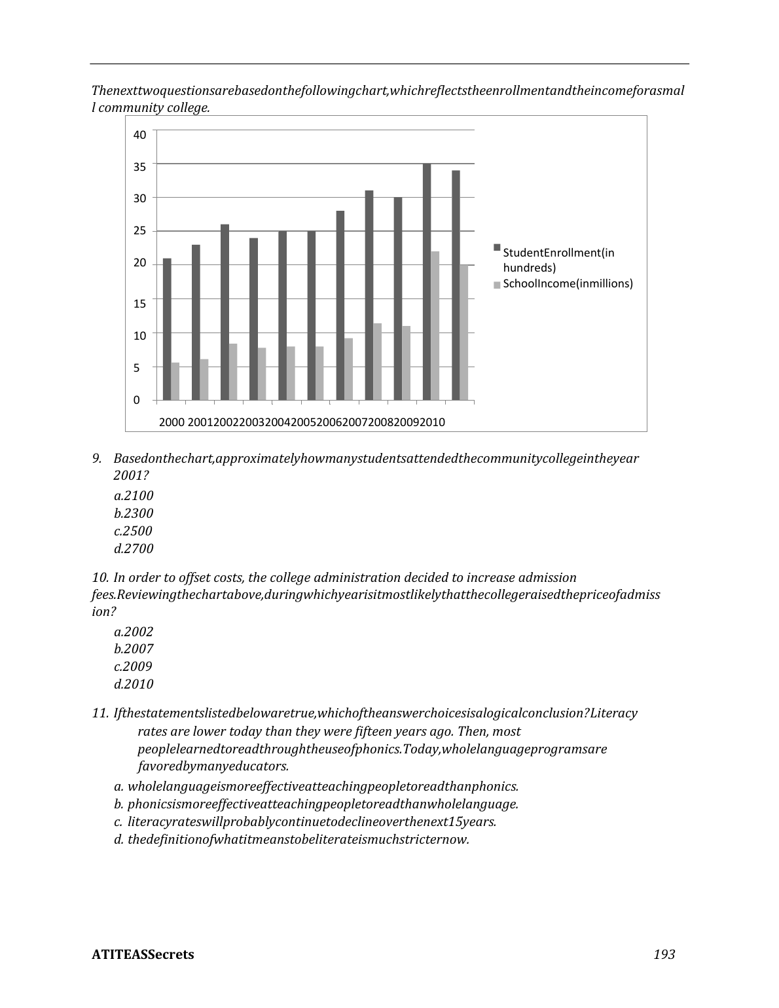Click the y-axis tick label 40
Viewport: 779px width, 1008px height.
pyautogui.click(x=139, y=135)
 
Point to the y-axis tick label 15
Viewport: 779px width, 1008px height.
pyautogui.click(x=139, y=303)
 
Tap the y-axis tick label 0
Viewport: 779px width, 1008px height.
pyautogui.click(x=137, y=400)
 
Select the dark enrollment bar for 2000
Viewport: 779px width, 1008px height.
pyautogui.click(x=167, y=329)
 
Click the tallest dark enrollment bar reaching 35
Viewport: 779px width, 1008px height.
pyautogui.click(x=427, y=281)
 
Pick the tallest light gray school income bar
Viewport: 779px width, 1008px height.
pyautogui.click(x=435, y=325)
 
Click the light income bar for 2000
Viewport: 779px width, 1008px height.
pyautogui.click(x=175, y=381)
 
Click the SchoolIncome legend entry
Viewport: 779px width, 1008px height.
pyautogui.click(x=567, y=283)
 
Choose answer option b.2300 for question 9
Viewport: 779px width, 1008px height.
pyautogui.click(x=134, y=513)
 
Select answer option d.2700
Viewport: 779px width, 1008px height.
pyautogui.click(x=134, y=549)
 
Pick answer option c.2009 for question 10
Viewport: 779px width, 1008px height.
pyautogui.click(x=133, y=666)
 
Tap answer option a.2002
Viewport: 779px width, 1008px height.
pyautogui.click(x=134, y=632)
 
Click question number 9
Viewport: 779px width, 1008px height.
pyautogui.click(x=96, y=458)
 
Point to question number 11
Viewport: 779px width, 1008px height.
pyautogui.click(x=100, y=713)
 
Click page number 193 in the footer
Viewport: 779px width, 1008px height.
pyautogui.click(x=664, y=954)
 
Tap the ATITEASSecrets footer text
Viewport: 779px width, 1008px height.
pyautogui.click(x=143, y=954)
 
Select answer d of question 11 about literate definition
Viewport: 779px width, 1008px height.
pyautogui.click(x=291, y=839)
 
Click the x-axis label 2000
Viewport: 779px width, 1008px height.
pyautogui.click(x=172, y=422)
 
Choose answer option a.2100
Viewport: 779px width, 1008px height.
pyautogui.click(x=134, y=495)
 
